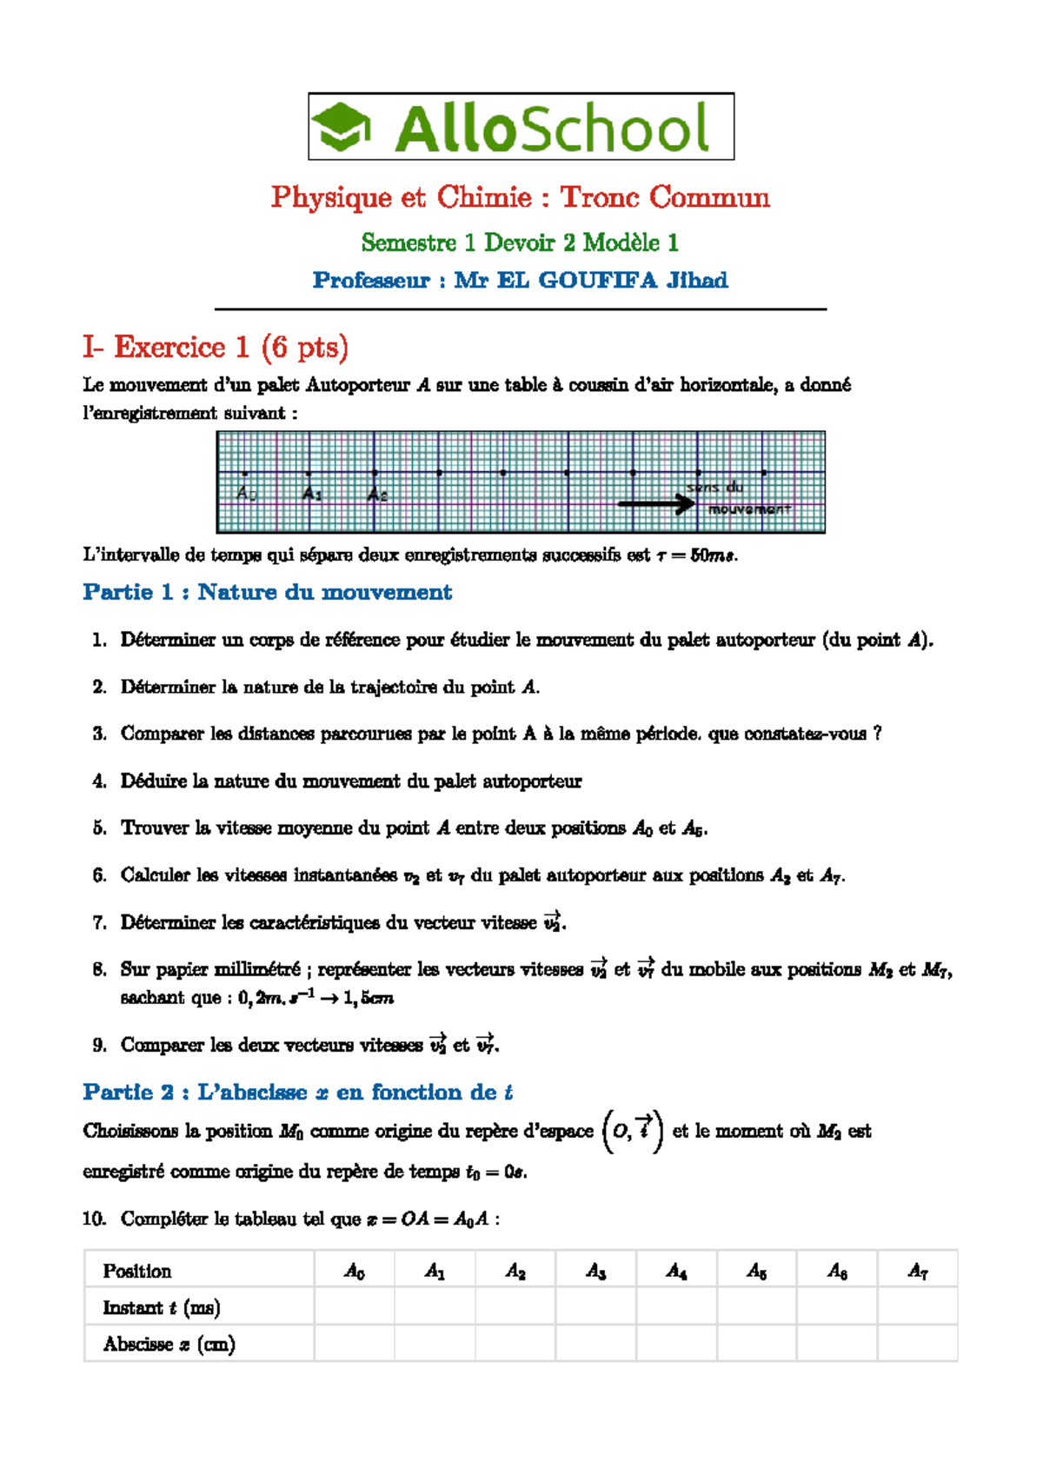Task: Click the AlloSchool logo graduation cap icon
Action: pyautogui.click(x=342, y=127)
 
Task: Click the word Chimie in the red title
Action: pyautogui.click(x=483, y=197)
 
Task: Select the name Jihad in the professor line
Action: pyautogui.click(x=697, y=280)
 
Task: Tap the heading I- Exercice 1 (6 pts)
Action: pyautogui.click(x=216, y=347)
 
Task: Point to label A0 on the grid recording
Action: pyautogui.click(x=246, y=493)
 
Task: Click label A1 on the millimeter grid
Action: pyautogui.click(x=312, y=494)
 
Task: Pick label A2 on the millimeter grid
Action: pyautogui.click(x=377, y=495)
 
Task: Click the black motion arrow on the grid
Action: pyautogui.click(x=656, y=503)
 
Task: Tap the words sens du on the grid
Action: pyautogui.click(x=714, y=488)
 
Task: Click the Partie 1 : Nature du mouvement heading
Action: pyautogui.click(x=267, y=592)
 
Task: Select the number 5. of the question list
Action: pyautogui.click(x=100, y=828)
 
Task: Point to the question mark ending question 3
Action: pyautogui.click(x=878, y=734)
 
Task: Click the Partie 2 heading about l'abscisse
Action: pyautogui.click(x=297, y=1092)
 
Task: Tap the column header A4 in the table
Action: pyautogui.click(x=676, y=1271)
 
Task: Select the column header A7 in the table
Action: pyautogui.click(x=918, y=1271)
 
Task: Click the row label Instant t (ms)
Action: pyautogui.click(x=161, y=1307)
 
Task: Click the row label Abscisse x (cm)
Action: pyautogui.click(x=169, y=1344)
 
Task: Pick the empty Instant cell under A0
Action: pyautogui.click(x=354, y=1307)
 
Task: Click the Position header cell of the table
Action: pyautogui.click(x=136, y=1271)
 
